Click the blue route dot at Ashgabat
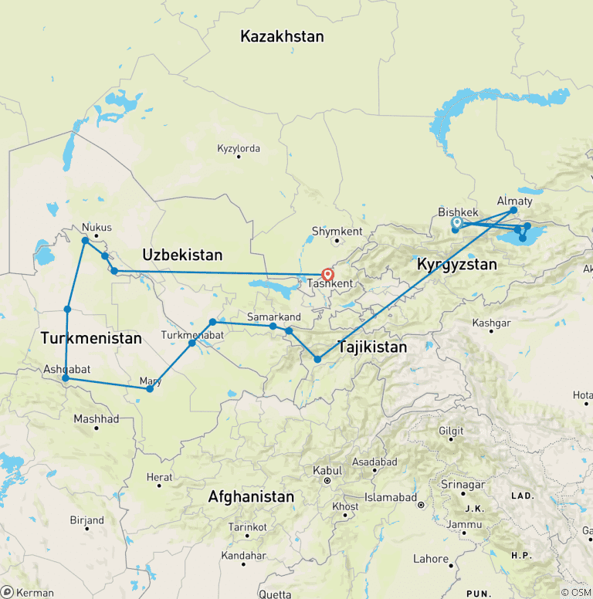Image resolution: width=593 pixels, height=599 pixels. tap(66, 378)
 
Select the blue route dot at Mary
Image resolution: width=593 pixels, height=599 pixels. tap(150, 389)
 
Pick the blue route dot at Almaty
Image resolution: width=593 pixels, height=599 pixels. tap(513, 210)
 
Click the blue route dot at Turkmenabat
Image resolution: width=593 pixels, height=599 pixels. tap(192, 343)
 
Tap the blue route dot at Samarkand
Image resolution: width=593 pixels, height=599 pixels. tap(273, 326)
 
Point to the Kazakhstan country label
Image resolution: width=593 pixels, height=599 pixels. tap(282, 36)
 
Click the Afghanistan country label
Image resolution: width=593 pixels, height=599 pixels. tap(251, 497)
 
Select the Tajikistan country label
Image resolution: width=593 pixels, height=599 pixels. tap(371, 348)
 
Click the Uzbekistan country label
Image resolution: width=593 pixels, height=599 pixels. tap(182, 255)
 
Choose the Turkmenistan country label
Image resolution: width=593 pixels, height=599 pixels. tap(91, 338)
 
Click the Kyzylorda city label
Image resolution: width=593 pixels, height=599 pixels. tap(239, 148)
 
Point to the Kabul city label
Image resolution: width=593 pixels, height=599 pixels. tap(327, 470)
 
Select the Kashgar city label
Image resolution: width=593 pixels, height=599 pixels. tap(491, 323)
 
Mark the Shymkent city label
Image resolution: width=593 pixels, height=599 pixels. tap(337, 231)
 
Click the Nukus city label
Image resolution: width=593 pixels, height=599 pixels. tap(97, 227)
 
